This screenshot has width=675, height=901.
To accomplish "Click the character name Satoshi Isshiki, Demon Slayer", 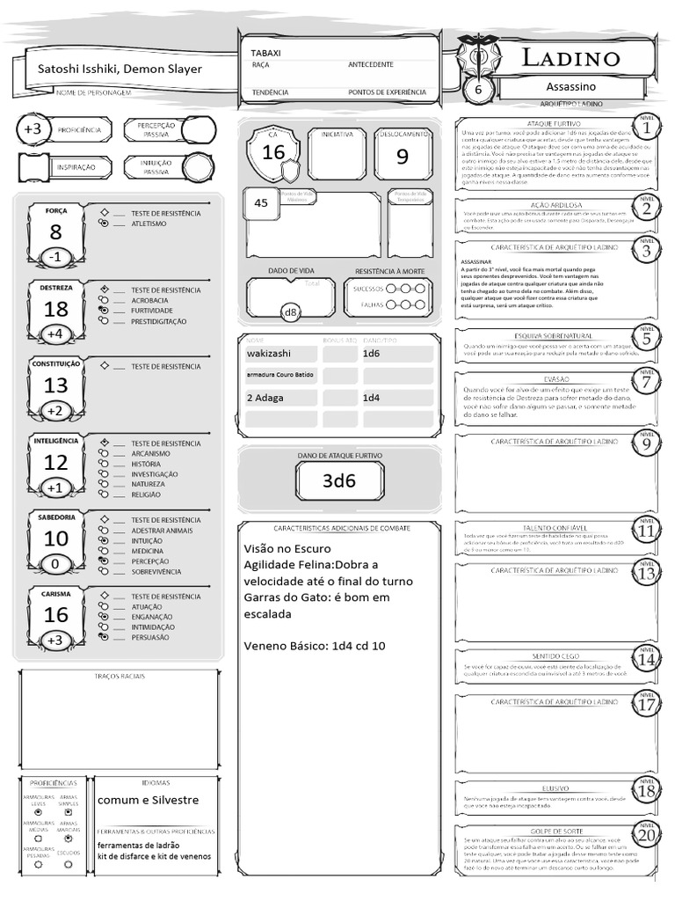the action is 120,70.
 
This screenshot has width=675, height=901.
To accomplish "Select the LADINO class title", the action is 571,59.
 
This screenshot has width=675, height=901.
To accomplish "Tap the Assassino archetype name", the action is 570,87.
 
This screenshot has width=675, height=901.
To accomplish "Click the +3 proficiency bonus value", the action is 33,129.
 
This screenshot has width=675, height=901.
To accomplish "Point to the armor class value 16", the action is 273,151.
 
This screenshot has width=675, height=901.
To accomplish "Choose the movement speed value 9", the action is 403,157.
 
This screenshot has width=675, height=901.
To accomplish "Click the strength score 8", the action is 56,232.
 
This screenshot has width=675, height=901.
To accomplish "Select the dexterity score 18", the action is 56,309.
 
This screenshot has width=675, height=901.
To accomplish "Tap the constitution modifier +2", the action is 54,411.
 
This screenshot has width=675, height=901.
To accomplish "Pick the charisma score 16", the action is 56,615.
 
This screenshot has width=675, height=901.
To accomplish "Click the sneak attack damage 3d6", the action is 339,480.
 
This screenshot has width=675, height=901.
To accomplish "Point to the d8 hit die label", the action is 291,311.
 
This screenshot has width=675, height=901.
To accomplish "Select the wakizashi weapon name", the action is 271,353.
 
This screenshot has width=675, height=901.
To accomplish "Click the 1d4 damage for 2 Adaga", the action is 372,398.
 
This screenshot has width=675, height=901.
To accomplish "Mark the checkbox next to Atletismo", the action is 105,223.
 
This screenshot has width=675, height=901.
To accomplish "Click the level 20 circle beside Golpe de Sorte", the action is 646,835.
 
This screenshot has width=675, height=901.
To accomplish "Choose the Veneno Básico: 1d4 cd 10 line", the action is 314,647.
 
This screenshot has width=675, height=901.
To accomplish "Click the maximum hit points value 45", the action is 261,202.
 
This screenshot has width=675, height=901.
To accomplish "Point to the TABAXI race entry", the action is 266,53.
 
